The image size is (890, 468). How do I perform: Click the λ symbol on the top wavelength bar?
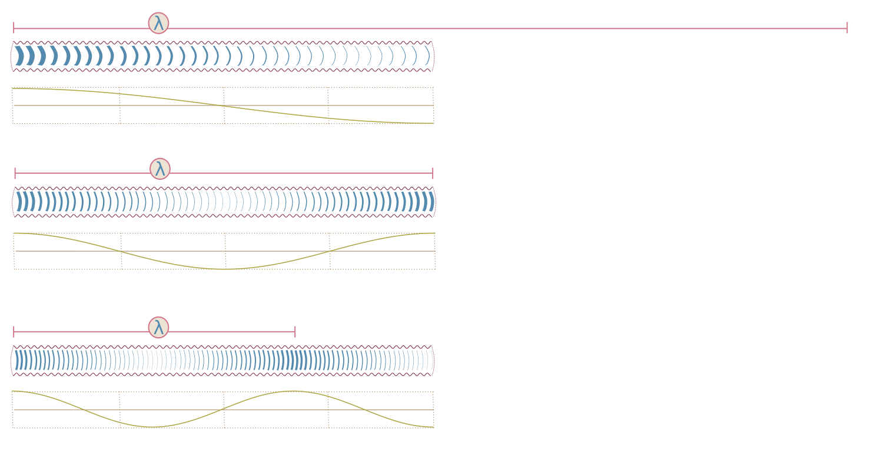[158, 23]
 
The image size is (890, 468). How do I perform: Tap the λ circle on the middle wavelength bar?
[160, 169]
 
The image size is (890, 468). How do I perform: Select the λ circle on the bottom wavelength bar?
[158, 327]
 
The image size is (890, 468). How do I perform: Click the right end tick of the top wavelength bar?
[847, 28]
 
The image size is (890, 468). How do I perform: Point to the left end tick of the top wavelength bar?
[14, 28]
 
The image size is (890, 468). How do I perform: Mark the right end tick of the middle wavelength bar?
[433, 173]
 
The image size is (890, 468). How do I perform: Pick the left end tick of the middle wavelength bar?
[15, 173]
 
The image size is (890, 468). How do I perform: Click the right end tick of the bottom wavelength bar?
[295, 331]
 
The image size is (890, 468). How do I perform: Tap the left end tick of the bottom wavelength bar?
[14, 331]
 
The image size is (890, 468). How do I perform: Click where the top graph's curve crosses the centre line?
[223, 106]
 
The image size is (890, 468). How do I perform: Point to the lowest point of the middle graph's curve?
[224, 269]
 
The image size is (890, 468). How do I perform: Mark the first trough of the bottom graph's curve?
[153, 427]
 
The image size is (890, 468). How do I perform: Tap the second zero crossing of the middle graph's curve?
[330, 251]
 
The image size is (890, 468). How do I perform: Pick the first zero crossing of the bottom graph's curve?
[83, 409]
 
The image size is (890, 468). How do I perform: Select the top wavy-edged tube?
[222, 57]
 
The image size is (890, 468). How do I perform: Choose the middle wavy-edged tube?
[224, 202]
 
